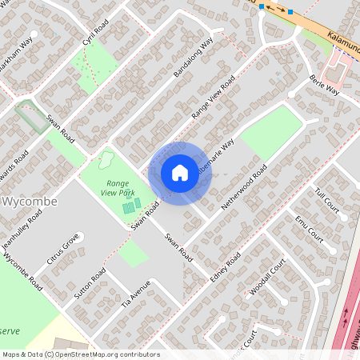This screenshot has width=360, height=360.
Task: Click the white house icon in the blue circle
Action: pyautogui.click(x=180, y=172)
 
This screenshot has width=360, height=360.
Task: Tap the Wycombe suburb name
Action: pyautogui.click(x=31, y=202)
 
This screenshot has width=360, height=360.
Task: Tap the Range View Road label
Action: pyautogui.click(x=213, y=99)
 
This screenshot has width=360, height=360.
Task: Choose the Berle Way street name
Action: pyautogui.click(x=324, y=86)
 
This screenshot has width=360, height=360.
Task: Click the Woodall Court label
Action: pyautogui.click(x=267, y=277)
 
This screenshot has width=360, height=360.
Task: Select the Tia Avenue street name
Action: pyautogui.click(x=135, y=293)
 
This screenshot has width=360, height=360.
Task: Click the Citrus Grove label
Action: pyautogui.click(x=63, y=249)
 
